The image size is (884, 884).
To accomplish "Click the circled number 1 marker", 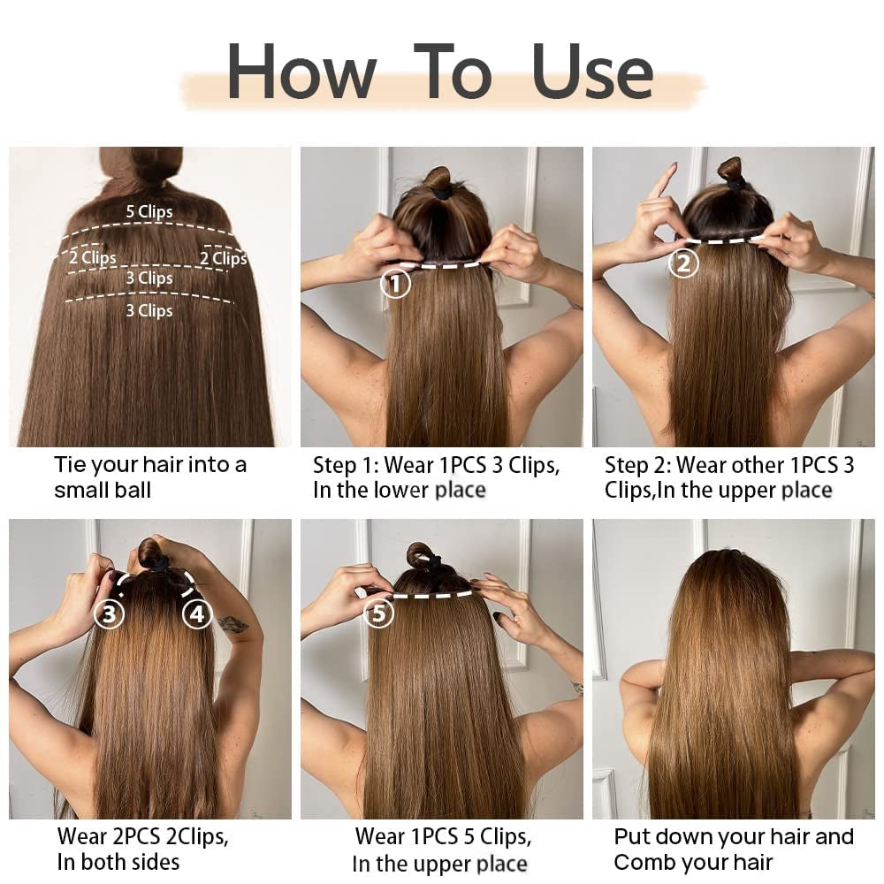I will coord(395,283).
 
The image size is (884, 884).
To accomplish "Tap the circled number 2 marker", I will coord(683,263).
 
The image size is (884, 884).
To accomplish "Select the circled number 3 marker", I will coord(109,613).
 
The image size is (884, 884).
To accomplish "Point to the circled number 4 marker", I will coord(196,613).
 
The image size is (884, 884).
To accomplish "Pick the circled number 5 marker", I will coord(378,613).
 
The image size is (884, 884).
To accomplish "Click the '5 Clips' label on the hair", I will coord(149,212).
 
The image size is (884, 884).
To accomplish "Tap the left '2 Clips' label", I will coord(93,258).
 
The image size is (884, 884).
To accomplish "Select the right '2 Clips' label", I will coord(223,258).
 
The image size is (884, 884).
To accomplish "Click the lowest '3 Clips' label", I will coord(149,310).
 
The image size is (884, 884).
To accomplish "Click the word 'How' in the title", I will coord(301,72).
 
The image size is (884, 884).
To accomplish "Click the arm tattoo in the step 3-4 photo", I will coord(233,625).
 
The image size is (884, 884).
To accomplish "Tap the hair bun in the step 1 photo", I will coord(438,180).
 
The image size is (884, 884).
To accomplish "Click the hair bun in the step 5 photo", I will coord(423,556).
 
